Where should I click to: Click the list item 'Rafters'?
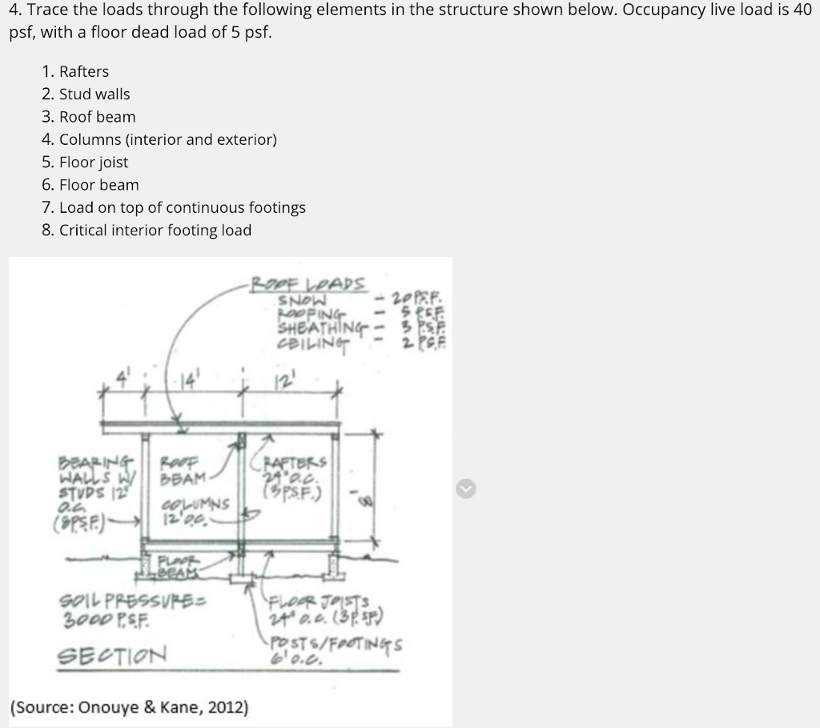pyautogui.click(x=84, y=71)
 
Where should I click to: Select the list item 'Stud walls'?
pyautogui.click(x=94, y=94)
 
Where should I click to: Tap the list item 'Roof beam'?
pyautogui.click(x=98, y=117)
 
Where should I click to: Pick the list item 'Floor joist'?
pyautogui.click(x=94, y=162)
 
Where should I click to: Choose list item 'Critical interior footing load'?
pyautogui.click(x=155, y=230)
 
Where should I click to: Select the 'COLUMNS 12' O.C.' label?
pyautogui.click(x=197, y=509)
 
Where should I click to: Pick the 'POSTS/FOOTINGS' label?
pyautogui.click(x=337, y=644)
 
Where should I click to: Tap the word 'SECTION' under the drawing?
pyautogui.click(x=111, y=654)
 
